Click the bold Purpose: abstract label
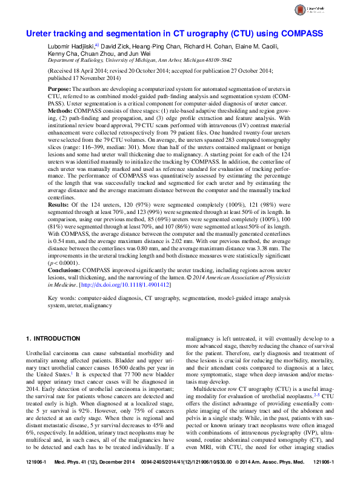61,89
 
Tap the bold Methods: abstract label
62,112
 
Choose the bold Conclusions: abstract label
64,268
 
